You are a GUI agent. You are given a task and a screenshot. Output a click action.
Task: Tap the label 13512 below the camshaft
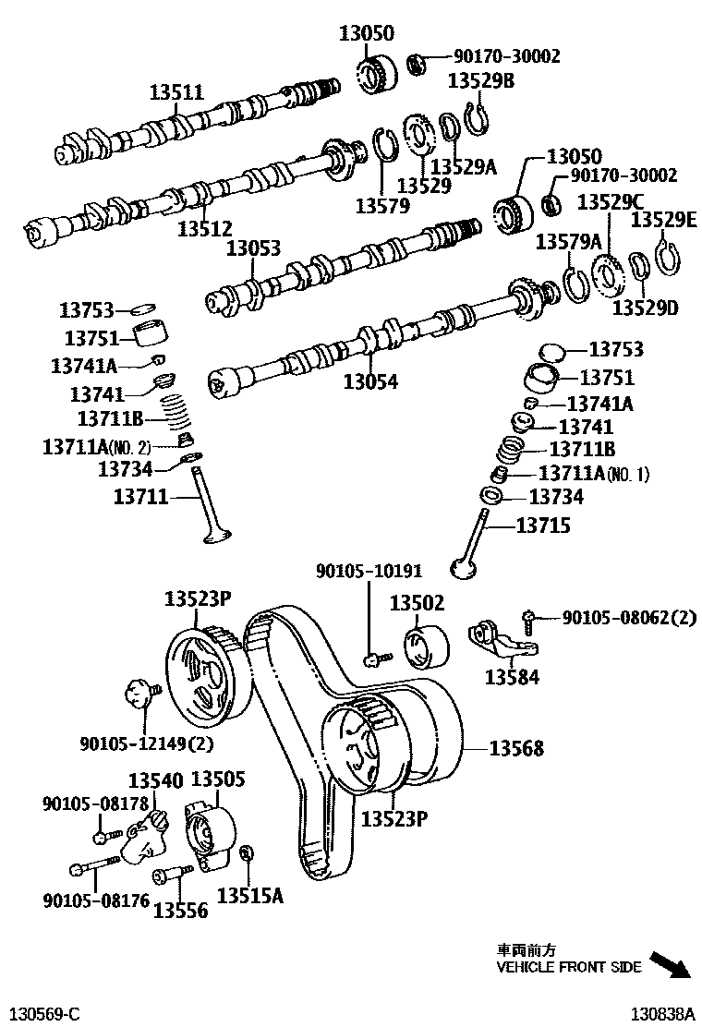pyautogui.click(x=205, y=227)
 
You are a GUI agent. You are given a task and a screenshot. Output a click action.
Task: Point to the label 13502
pyautogui.click(x=417, y=603)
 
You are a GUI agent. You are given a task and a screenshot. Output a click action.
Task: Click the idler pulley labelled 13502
pyautogui.click(x=426, y=644)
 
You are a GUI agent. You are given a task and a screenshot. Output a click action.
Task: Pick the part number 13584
pyautogui.click(x=513, y=678)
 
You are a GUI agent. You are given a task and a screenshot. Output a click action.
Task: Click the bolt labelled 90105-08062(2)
pyautogui.click(x=527, y=616)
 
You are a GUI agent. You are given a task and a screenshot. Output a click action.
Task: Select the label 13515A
pyautogui.click(x=249, y=895)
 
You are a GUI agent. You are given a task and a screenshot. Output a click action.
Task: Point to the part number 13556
pyautogui.click(x=181, y=910)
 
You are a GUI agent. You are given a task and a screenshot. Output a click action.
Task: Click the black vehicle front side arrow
pyautogui.click(x=670, y=964)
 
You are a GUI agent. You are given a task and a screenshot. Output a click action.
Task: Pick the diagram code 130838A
pyautogui.click(x=662, y=1013)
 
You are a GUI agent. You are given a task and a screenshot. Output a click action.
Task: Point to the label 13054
pyautogui.click(x=371, y=381)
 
